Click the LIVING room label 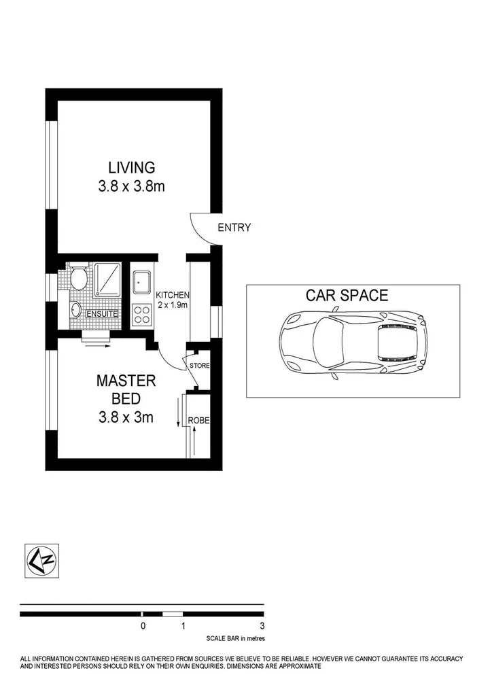click(131, 167)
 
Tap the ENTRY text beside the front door click(234, 228)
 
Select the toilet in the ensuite click(78, 278)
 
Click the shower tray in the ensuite click(107, 279)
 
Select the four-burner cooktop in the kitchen click(142, 313)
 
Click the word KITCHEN click(173, 295)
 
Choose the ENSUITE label click(103, 314)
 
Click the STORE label click(199, 366)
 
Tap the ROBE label click(199, 421)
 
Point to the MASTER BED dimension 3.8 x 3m click(126, 417)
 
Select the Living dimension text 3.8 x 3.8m click(131, 186)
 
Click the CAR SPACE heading click(347, 296)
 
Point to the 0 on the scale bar click(143, 627)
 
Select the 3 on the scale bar click(262, 627)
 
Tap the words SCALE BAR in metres click(235, 639)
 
